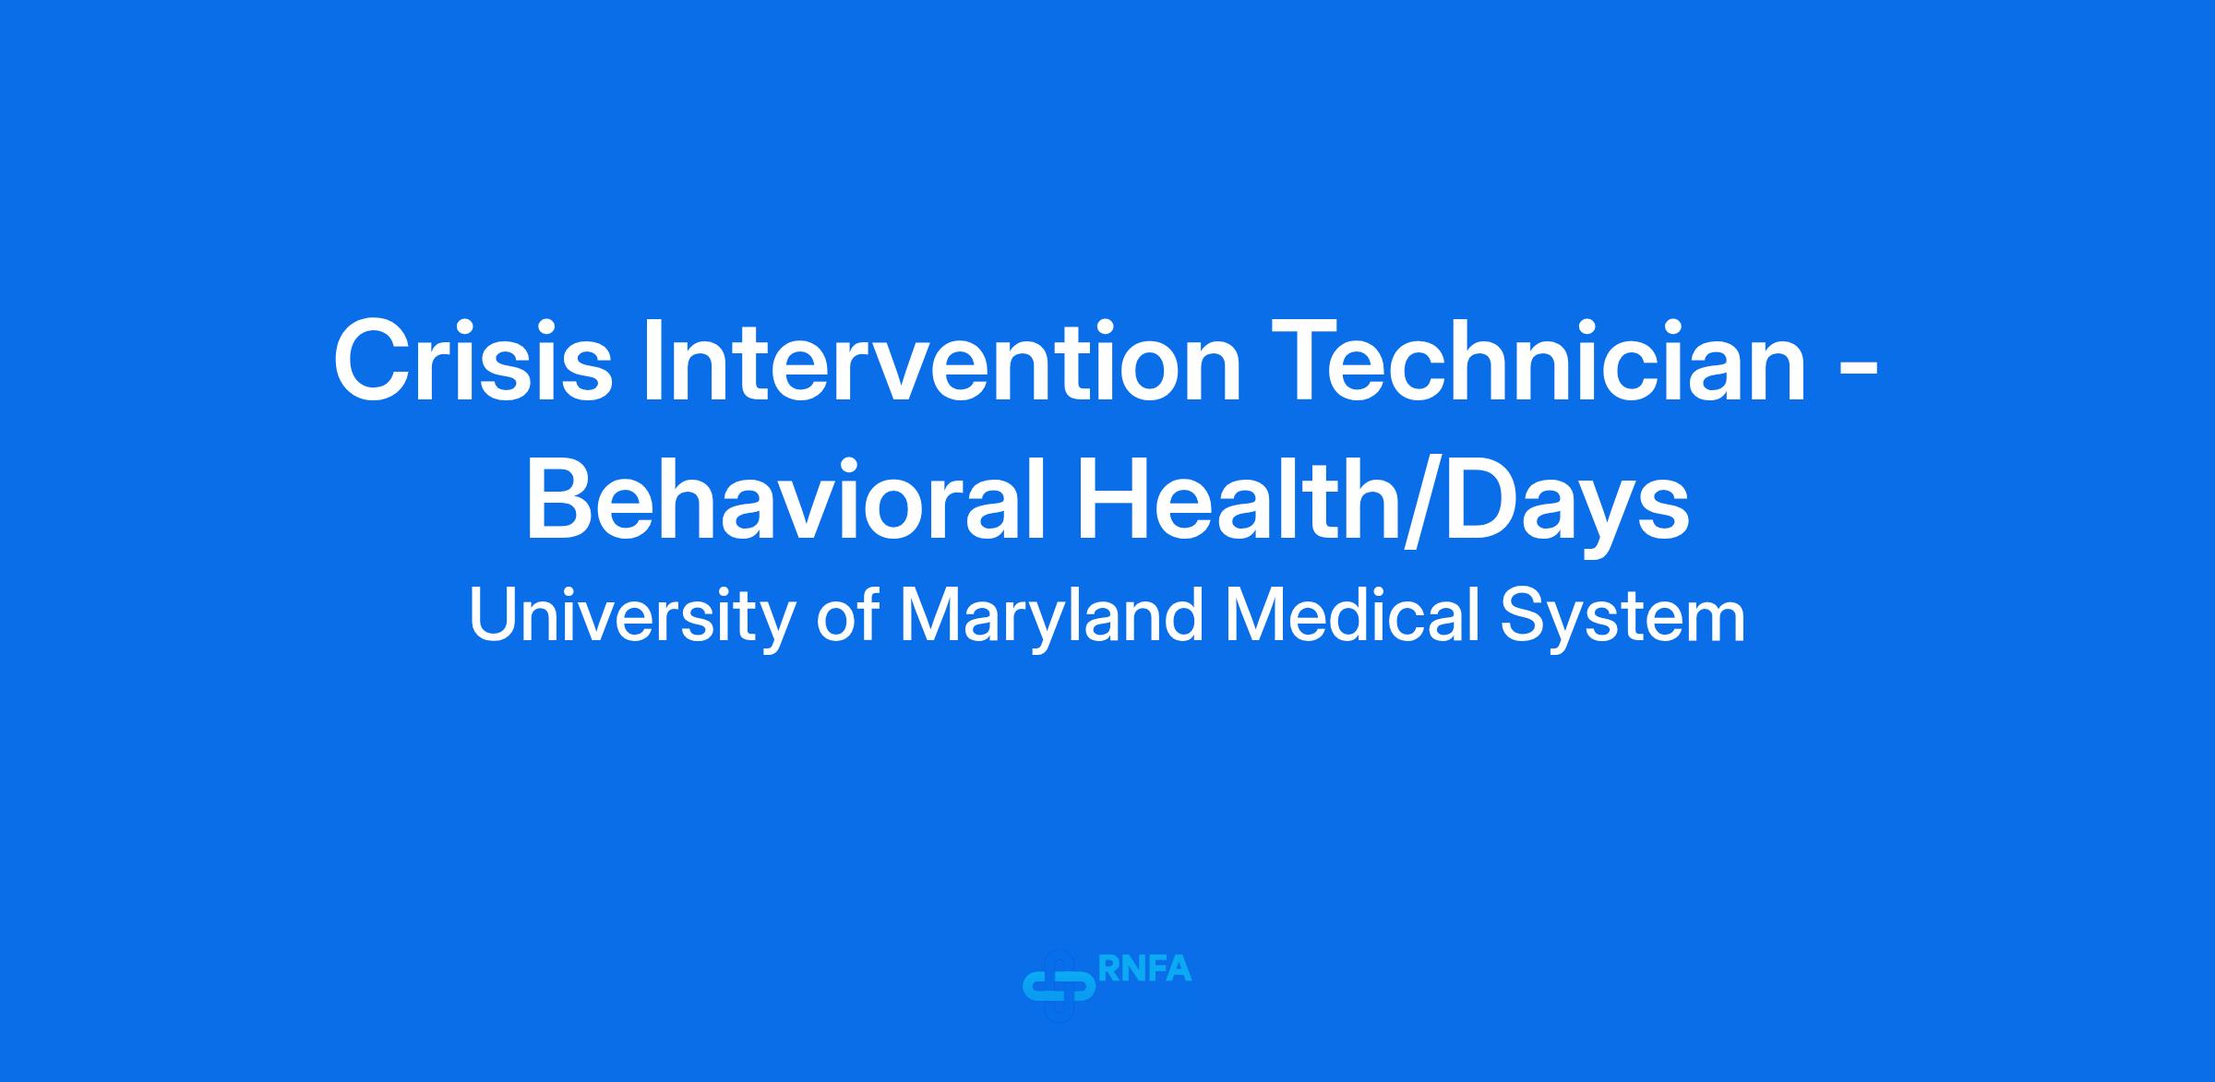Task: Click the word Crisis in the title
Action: click(473, 361)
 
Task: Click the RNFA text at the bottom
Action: click(1145, 969)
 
